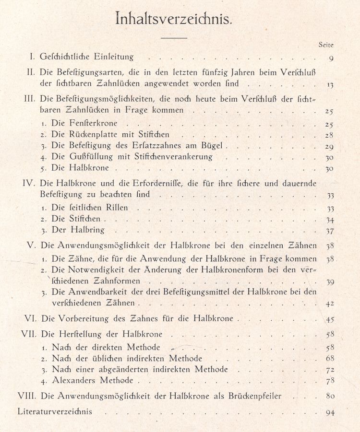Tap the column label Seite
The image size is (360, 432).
(x=326, y=45)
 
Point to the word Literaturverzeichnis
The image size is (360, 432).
(x=54, y=411)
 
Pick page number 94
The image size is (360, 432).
(x=329, y=412)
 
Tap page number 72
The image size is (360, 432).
(x=329, y=370)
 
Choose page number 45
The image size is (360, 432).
(x=329, y=319)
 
